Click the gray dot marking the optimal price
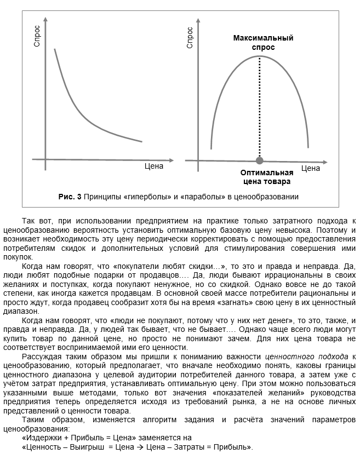[259, 160]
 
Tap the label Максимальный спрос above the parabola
[263, 43]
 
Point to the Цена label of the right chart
[311, 168]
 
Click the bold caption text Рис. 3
[70, 196]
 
